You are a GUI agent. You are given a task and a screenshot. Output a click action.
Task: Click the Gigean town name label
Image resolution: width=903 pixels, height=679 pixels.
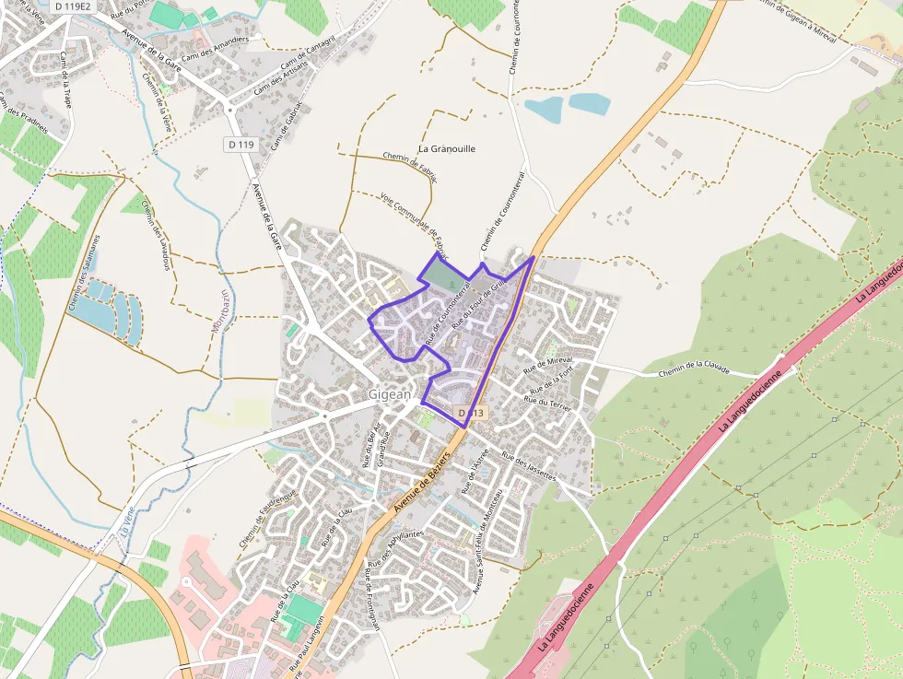tap(389, 393)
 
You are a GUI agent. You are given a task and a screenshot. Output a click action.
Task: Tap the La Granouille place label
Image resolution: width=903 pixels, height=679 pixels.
tap(447, 148)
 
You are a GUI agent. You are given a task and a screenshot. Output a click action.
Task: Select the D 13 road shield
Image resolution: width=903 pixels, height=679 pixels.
tap(471, 414)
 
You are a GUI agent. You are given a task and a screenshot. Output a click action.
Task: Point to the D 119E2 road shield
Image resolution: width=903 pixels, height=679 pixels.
tap(72, 6)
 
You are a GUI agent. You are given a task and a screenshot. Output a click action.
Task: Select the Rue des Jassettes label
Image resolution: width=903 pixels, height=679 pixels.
tap(529, 466)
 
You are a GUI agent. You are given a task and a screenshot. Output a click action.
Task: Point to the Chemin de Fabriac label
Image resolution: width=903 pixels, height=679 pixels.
tap(410, 166)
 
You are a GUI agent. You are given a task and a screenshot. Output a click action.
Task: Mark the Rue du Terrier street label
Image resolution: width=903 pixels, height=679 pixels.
tap(548, 401)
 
